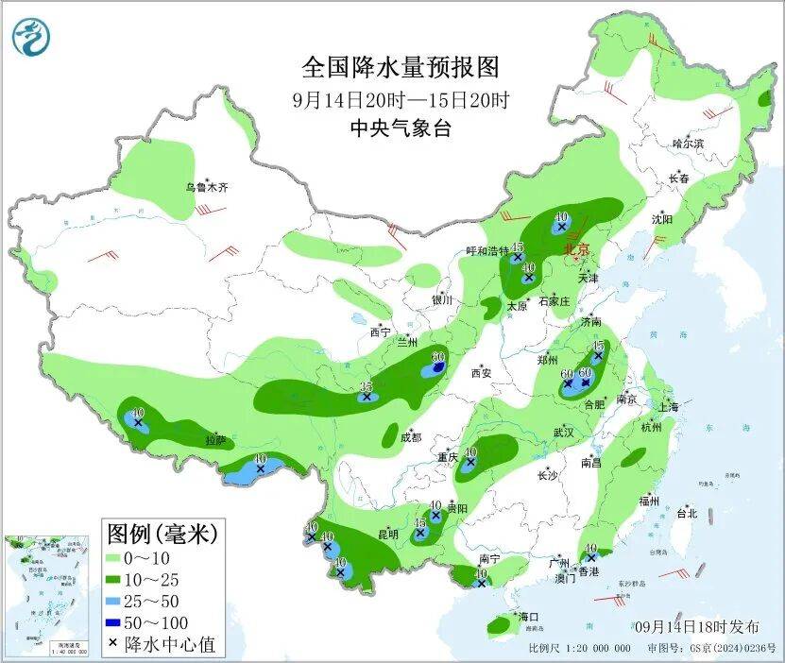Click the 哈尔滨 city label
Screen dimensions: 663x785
688,144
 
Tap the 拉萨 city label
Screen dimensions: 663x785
216,439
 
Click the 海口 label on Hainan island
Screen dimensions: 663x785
528,618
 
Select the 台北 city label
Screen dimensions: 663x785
686,514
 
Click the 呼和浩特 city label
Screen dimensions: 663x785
487,251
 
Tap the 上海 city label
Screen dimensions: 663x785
668,406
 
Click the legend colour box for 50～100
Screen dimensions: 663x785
119,622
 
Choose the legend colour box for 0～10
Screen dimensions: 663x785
119,557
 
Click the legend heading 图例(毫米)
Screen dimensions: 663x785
162,532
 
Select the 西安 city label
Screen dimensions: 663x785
481,373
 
